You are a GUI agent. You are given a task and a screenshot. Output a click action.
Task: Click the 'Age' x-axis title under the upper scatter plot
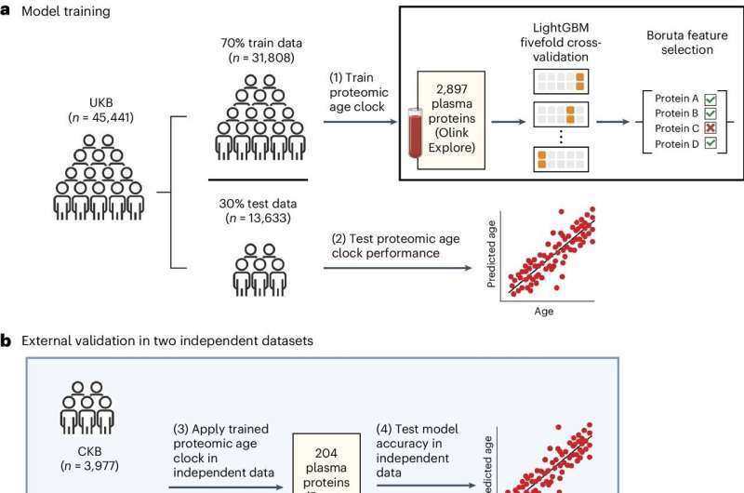pos(544,312)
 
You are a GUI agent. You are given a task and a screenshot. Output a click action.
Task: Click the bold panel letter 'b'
pos(6,340)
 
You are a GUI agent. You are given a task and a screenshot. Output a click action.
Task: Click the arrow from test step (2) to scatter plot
pos(401,271)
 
